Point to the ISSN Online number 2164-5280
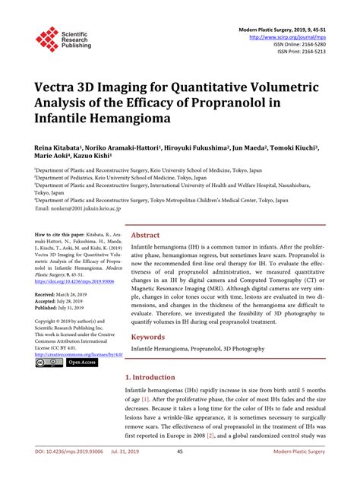click(311, 44)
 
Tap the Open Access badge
click(82, 362)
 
